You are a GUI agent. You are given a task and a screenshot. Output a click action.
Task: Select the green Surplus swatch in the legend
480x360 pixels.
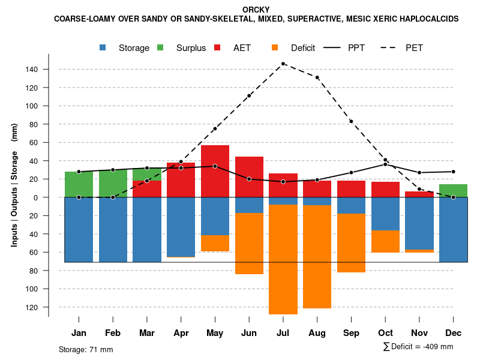click(x=161, y=47)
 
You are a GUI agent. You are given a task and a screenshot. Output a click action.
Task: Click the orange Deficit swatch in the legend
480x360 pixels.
click(x=275, y=47)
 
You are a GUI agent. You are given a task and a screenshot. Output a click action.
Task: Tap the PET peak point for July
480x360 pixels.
click(x=283, y=64)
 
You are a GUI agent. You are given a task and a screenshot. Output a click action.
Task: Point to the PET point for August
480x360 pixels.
click(x=317, y=77)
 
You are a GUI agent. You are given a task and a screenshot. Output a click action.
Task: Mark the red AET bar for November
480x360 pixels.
click(x=419, y=194)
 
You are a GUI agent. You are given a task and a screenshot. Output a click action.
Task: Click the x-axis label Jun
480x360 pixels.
click(x=249, y=333)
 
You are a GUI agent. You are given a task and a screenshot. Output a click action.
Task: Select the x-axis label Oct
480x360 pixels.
click(x=385, y=333)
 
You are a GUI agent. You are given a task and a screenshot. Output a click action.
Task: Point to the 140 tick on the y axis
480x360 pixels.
click(x=31, y=70)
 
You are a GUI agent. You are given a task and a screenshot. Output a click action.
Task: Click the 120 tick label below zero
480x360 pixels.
click(x=31, y=307)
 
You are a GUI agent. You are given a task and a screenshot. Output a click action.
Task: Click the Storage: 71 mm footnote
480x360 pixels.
click(x=86, y=349)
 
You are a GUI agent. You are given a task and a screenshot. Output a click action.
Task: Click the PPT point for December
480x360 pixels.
click(x=453, y=172)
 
